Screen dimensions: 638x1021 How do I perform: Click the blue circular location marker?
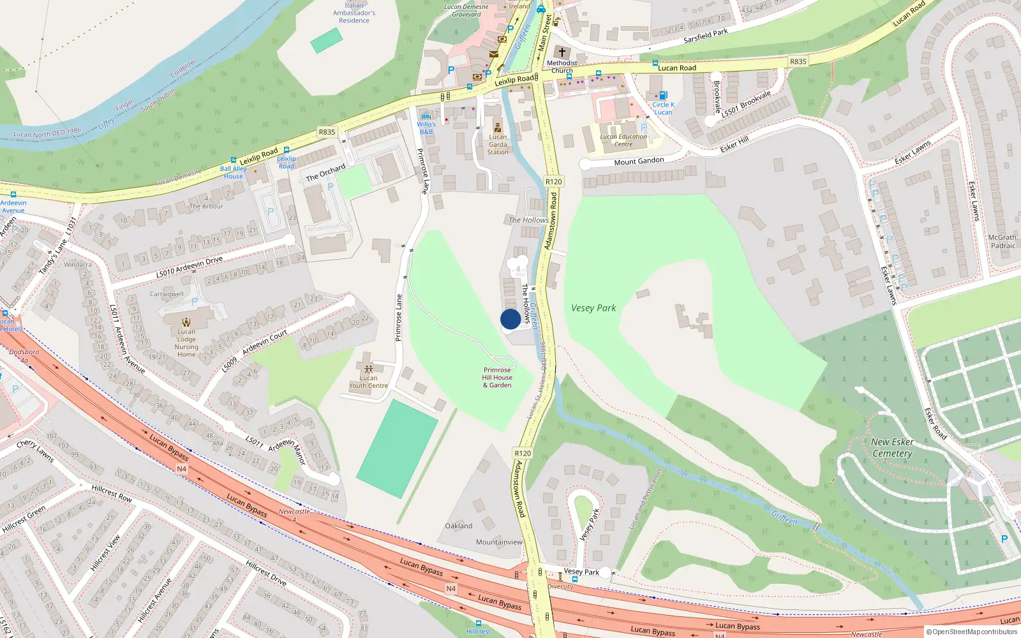tap(510, 319)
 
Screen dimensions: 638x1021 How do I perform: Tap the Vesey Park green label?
tap(593, 308)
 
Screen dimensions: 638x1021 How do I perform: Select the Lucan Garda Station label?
tap(498, 144)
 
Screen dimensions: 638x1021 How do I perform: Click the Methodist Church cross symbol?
tap(562, 52)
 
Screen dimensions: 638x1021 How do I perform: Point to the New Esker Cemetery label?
tap(892, 447)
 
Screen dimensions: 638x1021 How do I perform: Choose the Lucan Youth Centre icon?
tap(368, 369)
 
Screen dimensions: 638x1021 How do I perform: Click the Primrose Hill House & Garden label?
tap(497, 377)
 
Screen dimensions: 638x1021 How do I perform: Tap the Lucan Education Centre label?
tap(623, 140)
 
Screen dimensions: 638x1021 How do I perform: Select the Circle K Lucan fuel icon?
tap(663, 96)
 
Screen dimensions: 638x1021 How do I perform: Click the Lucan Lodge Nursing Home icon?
tap(186, 322)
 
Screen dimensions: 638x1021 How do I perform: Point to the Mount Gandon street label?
tap(639, 161)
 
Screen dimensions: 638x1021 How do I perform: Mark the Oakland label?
tap(459, 526)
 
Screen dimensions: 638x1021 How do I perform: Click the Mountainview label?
tap(499, 542)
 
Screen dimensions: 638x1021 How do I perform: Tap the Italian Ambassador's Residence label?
tap(354, 13)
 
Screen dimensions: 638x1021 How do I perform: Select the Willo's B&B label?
tap(426, 128)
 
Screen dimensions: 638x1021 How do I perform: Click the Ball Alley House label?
tap(233, 172)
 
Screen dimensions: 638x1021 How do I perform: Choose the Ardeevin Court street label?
tap(264, 343)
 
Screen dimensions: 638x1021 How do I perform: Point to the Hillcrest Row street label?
tap(112, 493)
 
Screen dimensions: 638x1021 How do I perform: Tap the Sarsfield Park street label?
tap(705, 36)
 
